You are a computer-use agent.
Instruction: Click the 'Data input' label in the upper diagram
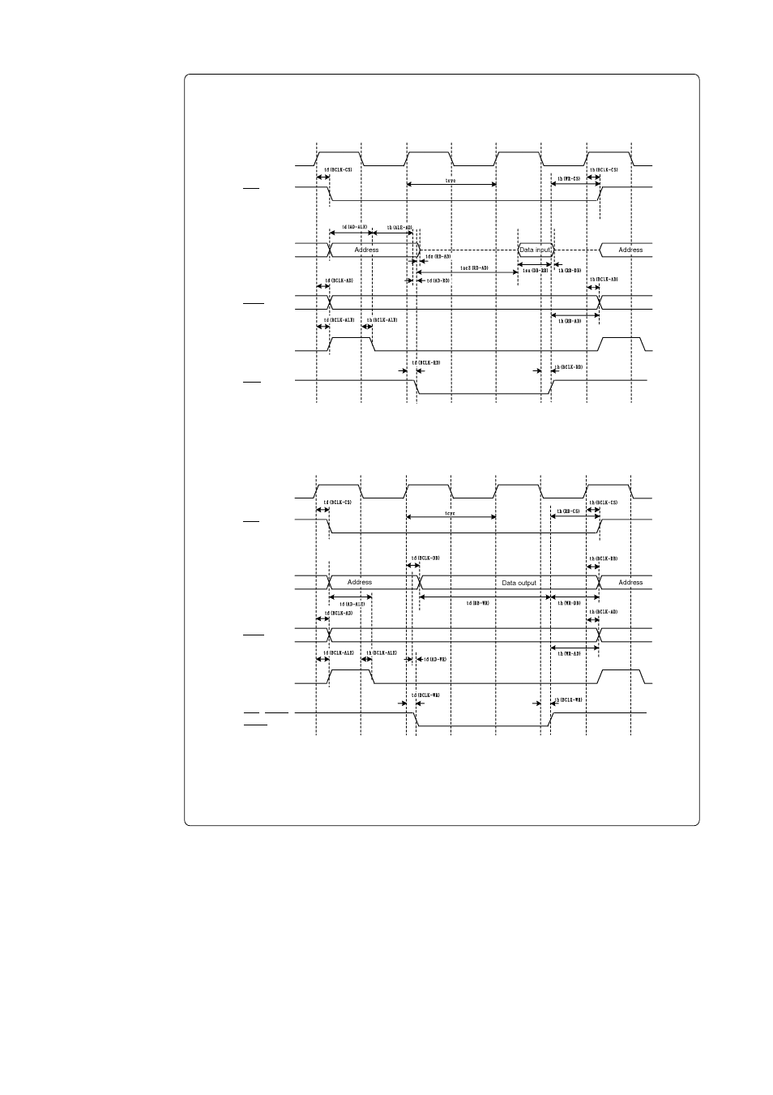click(535, 250)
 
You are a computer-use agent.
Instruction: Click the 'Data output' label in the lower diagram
click(519, 583)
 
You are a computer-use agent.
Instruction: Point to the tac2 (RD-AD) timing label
click(474, 267)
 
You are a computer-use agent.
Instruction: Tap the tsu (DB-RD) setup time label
click(536, 270)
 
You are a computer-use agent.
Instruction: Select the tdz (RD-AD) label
click(438, 256)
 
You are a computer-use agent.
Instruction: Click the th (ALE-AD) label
click(399, 228)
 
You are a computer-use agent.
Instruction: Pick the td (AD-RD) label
click(438, 280)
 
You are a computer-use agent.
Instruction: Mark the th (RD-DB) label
click(570, 270)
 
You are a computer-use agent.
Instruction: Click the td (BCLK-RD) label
click(425, 362)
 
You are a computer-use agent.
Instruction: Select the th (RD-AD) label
click(570, 321)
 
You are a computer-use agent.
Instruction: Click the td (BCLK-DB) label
click(425, 558)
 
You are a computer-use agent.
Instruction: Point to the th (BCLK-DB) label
click(604, 558)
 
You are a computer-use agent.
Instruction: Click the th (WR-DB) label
click(569, 602)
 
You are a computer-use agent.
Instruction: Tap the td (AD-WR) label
click(435, 659)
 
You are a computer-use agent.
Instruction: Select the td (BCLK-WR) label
click(425, 695)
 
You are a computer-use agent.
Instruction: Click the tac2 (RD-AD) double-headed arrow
click(467, 273)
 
